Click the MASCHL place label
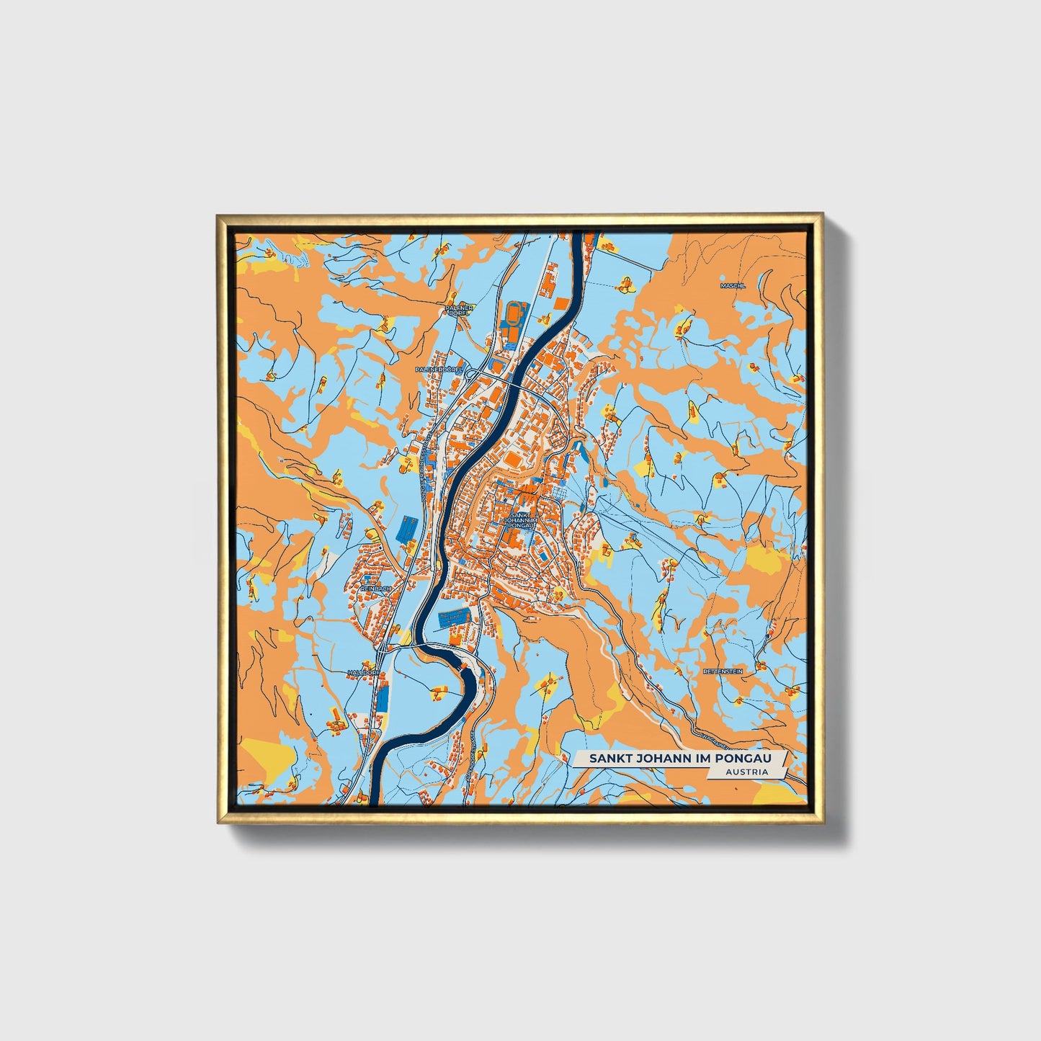(733, 286)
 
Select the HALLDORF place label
(362, 672)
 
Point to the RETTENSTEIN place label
(723, 671)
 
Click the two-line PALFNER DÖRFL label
(459, 310)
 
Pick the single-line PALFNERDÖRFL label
(439, 369)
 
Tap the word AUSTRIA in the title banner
(747, 772)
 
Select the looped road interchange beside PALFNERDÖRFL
(472, 372)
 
